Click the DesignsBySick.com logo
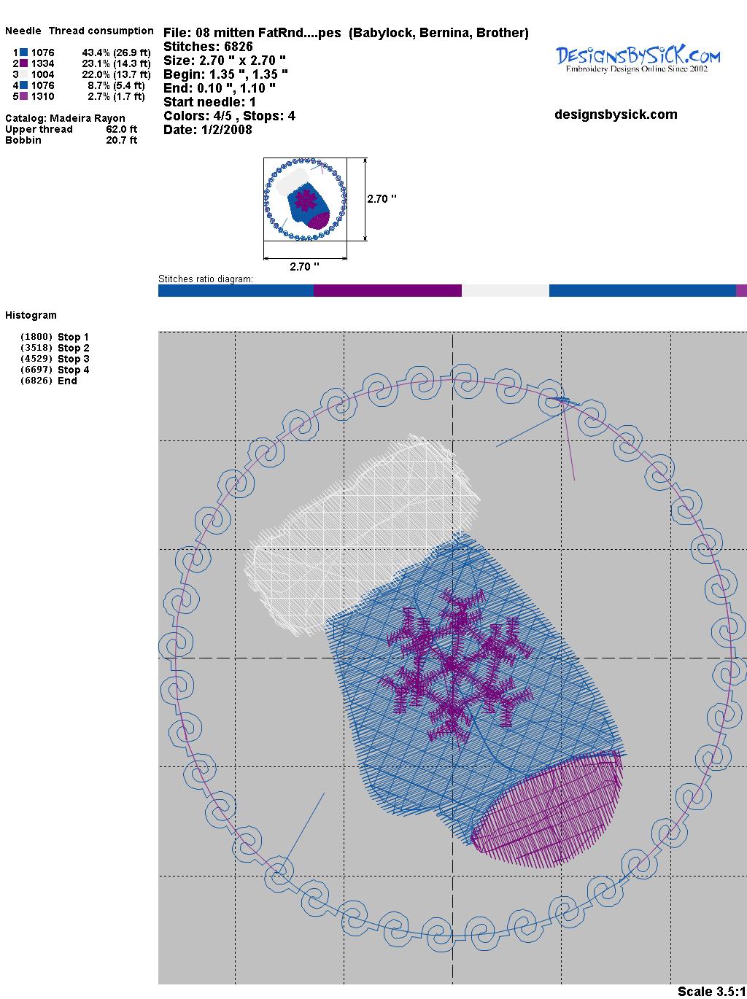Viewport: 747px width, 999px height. (638, 58)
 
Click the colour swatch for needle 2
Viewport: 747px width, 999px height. (24, 63)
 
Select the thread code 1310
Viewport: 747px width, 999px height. (42, 96)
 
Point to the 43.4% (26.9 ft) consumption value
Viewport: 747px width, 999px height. (116, 53)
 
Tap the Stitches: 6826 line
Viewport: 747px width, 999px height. (208, 47)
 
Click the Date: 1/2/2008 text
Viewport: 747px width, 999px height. (208, 130)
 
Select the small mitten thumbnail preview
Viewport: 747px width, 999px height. (305, 199)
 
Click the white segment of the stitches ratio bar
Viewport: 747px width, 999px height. (505, 291)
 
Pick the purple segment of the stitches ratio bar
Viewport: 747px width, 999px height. (387, 291)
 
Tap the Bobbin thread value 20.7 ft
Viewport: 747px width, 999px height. (121, 140)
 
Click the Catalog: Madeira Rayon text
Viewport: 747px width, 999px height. (65, 118)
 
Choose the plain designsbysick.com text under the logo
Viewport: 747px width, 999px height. (616, 114)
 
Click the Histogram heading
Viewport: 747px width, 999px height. (31, 315)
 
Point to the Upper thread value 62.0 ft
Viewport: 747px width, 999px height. (121, 129)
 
